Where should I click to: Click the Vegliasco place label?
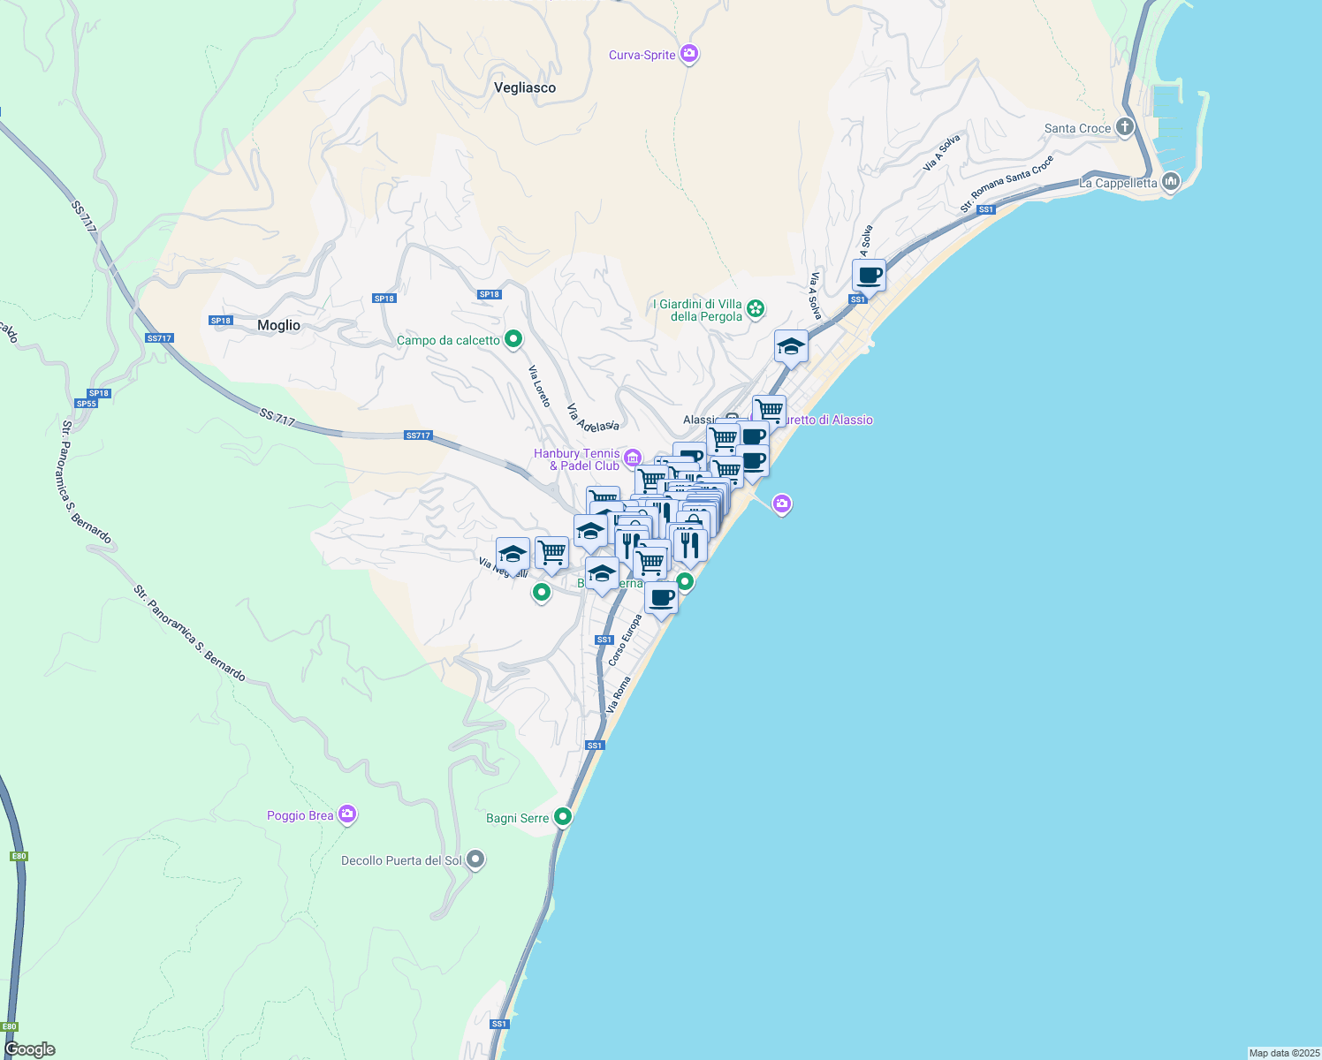(525, 87)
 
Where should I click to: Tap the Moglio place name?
(278, 325)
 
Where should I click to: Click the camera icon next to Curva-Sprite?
(690, 55)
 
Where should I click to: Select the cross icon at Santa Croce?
(1125, 127)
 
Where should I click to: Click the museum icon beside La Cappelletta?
(1171, 182)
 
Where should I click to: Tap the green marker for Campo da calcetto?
(513, 339)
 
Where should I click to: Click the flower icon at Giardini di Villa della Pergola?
(756, 309)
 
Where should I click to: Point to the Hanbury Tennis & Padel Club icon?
(633, 458)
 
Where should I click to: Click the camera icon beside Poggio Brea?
(347, 814)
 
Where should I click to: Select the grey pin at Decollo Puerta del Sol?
(475, 859)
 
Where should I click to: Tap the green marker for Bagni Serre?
(563, 817)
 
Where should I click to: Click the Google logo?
(30, 1049)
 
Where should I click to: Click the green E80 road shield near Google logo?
(10, 1027)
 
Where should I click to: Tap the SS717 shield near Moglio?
(159, 338)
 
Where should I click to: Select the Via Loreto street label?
(540, 386)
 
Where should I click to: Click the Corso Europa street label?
(625, 640)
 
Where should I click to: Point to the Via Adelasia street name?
(592, 419)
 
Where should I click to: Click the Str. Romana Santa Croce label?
(1007, 184)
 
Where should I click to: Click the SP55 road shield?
(86, 404)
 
